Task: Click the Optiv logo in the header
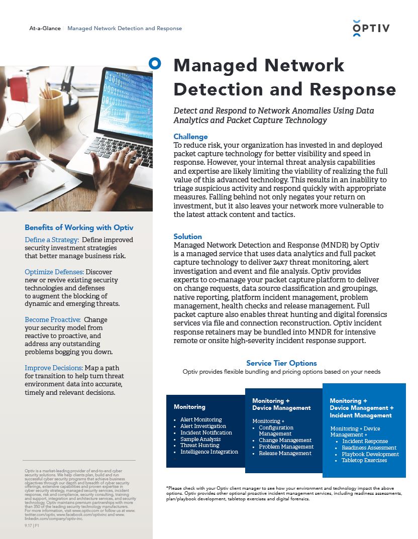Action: tap(371, 28)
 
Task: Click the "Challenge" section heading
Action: tap(190, 137)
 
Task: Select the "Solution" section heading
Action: tap(187, 237)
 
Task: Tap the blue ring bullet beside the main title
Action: tap(155, 63)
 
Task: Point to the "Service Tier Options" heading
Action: tap(281, 363)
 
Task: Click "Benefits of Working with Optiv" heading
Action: tap(79, 228)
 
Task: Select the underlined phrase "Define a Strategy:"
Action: tap(51, 240)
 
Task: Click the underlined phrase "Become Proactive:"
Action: tap(52, 320)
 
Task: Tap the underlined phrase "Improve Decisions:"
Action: tap(54, 368)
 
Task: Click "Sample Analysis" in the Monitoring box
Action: tap(200, 439)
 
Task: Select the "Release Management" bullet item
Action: tap(285, 453)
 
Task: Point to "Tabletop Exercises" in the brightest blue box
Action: tap(364, 460)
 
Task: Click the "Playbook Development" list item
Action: tap(370, 454)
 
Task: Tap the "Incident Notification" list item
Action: tap(206, 433)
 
